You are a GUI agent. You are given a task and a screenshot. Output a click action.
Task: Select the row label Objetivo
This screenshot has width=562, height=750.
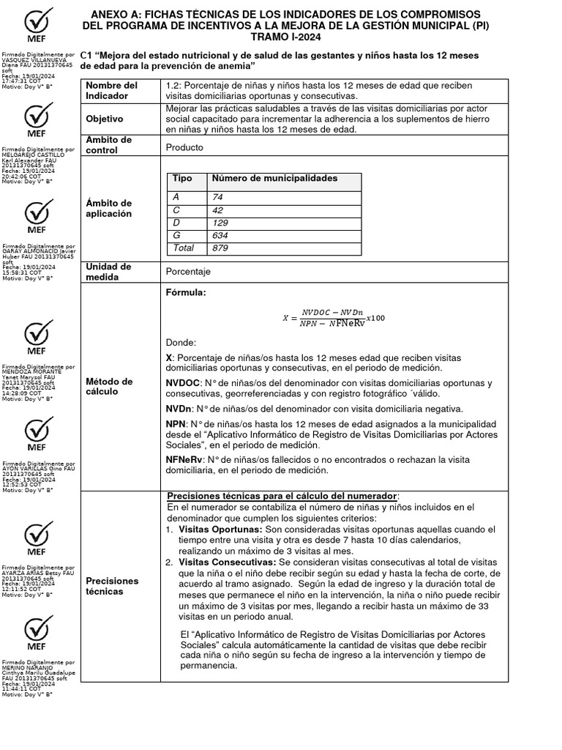click(105, 119)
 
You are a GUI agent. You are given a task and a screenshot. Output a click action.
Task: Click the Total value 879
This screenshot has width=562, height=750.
click(220, 248)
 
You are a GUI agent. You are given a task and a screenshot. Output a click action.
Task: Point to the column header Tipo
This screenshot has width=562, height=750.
click(182, 179)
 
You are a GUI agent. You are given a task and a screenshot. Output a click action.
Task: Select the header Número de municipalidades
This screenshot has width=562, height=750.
click(274, 179)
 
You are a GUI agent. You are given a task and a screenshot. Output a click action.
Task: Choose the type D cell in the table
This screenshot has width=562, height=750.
click(176, 222)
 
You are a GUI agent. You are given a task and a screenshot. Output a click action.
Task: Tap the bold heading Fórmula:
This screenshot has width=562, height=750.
click(187, 293)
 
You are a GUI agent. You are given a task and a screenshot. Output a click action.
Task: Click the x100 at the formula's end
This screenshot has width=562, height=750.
click(375, 317)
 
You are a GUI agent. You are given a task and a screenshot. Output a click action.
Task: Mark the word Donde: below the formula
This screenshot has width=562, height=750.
click(181, 342)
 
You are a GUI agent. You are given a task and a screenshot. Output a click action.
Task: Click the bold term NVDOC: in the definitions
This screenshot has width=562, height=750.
click(183, 383)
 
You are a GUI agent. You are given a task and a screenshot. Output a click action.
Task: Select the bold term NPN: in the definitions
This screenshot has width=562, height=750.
click(177, 424)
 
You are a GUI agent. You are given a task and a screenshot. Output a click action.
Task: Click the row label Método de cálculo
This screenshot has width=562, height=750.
click(109, 387)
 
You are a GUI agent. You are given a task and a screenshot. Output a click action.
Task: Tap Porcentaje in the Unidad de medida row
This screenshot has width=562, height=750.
click(188, 272)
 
